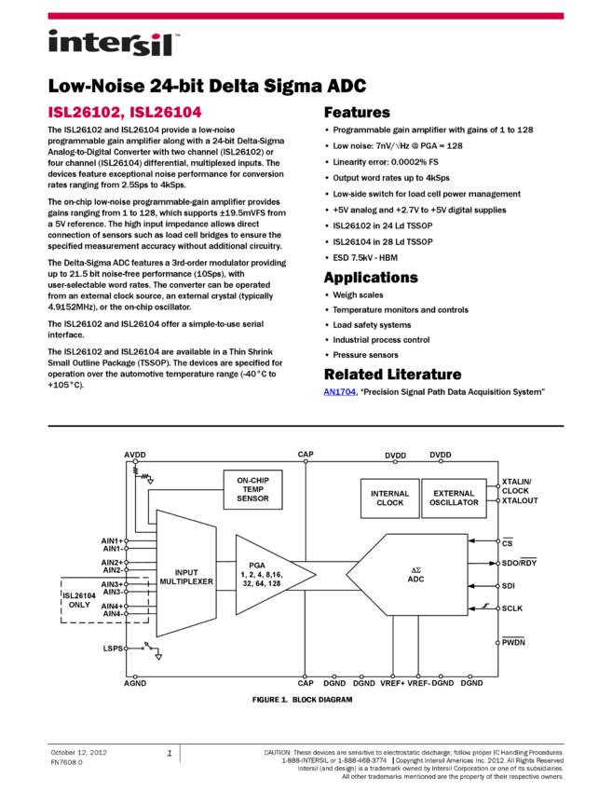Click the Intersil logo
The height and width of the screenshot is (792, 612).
pos(114,44)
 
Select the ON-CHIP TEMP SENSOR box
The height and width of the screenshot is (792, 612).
pos(252,489)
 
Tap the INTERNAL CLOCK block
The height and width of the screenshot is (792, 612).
pos(389,498)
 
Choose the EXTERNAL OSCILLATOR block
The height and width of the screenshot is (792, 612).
pos(455,498)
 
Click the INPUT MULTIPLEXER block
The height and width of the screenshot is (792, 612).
pos(186,578)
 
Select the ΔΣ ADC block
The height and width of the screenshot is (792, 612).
pos(415,575)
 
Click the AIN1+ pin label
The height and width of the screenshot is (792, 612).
pos(111,540)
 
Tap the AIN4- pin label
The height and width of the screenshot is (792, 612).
pos(111,613)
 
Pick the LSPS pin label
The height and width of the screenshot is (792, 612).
pos(113,648)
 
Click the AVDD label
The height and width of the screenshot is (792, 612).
pos(135,455)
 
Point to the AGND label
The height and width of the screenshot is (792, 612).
pos(135,683)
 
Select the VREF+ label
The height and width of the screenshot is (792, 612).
pos(391,683)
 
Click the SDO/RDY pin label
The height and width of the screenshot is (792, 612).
pos(519,564)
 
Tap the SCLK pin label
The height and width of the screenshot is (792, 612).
pos(513,608)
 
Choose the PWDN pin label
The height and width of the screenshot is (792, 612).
pos(514,642)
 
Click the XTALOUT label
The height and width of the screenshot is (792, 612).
pos(520,501)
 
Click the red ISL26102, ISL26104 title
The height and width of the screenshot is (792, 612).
pos(125,113)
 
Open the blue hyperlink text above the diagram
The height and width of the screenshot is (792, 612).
pos(340,392)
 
